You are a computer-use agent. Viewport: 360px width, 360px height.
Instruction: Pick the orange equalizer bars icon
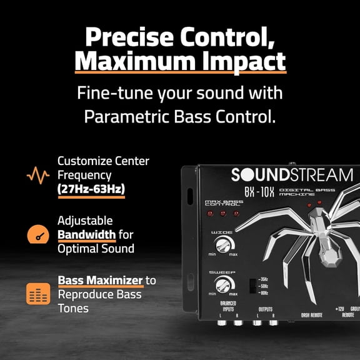click(38, 294)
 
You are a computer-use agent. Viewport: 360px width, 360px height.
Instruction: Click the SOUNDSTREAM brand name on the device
click(291, 175)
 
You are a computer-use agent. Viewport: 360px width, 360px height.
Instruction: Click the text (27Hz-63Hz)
click(91, 188)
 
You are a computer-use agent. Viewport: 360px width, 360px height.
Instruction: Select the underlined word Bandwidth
click(86, 235)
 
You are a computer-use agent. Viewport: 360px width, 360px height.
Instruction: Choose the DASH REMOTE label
click(311, 316)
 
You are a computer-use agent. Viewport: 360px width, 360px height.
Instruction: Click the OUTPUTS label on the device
click(266, 309)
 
